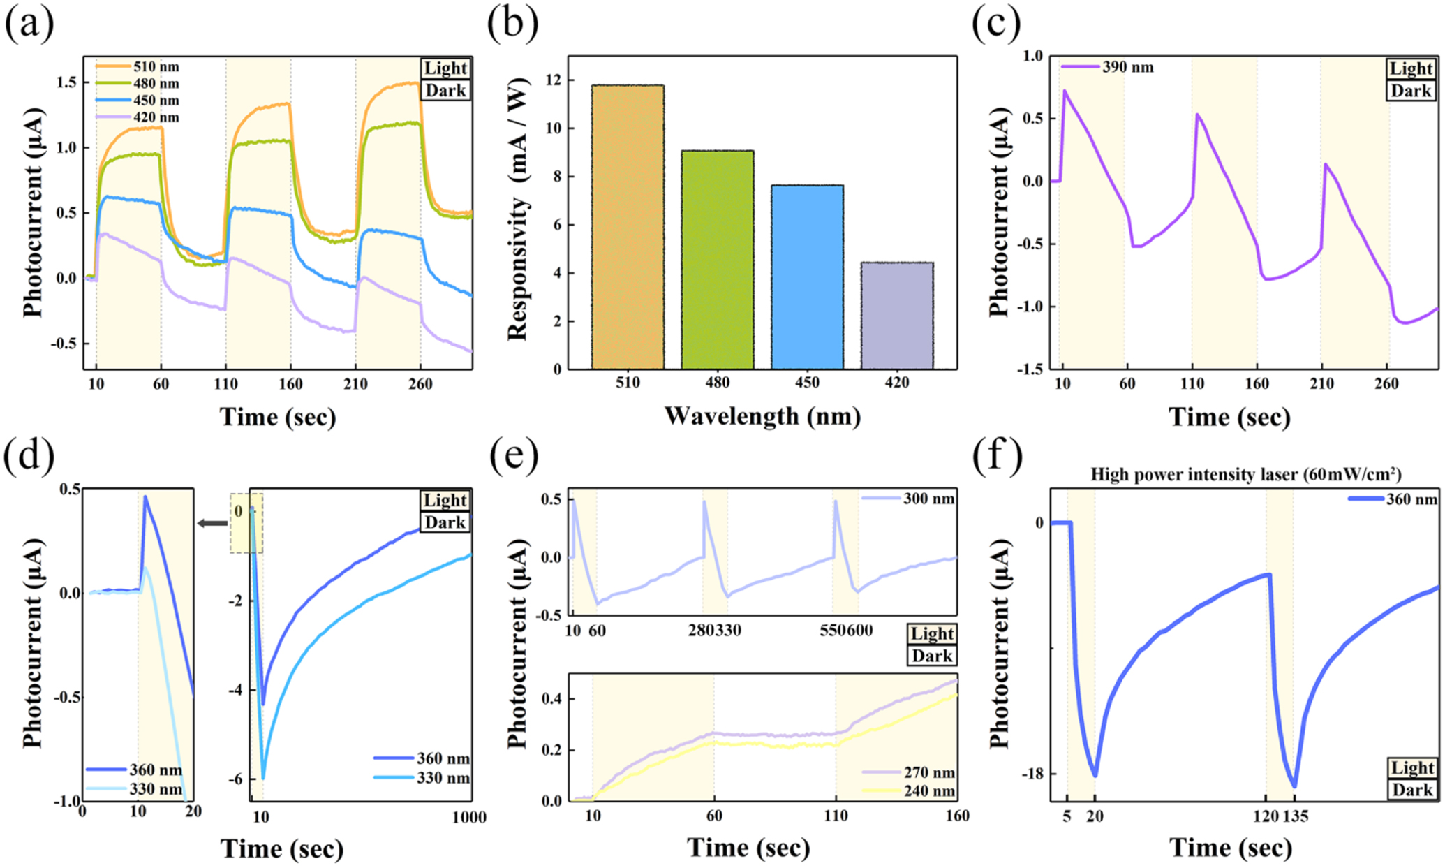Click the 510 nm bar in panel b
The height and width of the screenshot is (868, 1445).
[628, 227]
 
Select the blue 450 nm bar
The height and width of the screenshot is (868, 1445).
[807, 277]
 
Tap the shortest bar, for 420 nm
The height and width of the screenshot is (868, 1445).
[896, 316]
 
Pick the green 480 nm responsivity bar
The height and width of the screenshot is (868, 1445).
[717, 260]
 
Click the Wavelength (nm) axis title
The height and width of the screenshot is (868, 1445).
[762, 416]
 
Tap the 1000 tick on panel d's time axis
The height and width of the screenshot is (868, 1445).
[468, 818]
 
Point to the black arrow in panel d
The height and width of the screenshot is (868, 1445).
[212, 523]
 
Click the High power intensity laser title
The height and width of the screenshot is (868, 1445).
[1245, 475]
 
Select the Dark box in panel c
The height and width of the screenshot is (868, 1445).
[1410, 91]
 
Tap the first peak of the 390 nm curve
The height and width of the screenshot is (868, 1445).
[1065, 90]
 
